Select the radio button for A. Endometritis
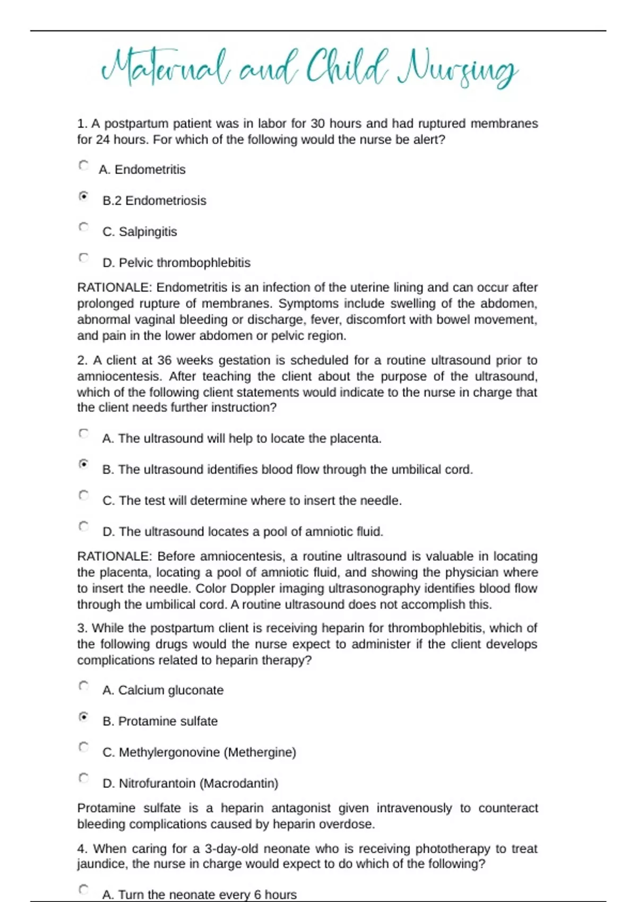[83, 166]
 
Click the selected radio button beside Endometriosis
[83, 196]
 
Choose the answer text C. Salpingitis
[140, 232]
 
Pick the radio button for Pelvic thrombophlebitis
[83, 258]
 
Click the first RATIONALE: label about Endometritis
[115, 288]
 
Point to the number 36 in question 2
[164, 360]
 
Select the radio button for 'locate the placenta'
[83, 433]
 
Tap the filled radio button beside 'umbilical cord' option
[83, 464]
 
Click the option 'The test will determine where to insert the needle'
[252, 501]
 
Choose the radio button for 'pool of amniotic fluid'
[83, 526]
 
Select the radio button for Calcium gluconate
[83, 686]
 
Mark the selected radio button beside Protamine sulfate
[83, 717]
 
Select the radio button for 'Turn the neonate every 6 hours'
[83, 889]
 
